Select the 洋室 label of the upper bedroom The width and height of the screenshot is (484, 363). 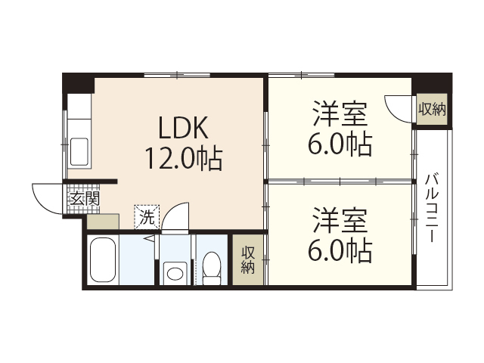point(340,116)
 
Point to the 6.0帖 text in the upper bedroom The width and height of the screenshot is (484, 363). point(340,143)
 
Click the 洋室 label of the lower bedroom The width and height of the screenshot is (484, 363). point(340,222)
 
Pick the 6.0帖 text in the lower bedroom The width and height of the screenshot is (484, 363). point(340,250)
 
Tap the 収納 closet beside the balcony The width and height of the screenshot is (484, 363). point(432,109)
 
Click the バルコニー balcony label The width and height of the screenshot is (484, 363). point(432,207)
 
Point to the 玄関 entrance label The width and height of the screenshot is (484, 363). point(83,199)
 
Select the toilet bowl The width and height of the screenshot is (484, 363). point(211,269)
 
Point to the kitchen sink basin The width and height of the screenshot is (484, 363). point(79,150)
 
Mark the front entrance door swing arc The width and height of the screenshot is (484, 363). point(47,198)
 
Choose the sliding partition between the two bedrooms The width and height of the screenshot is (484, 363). point(340,181)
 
